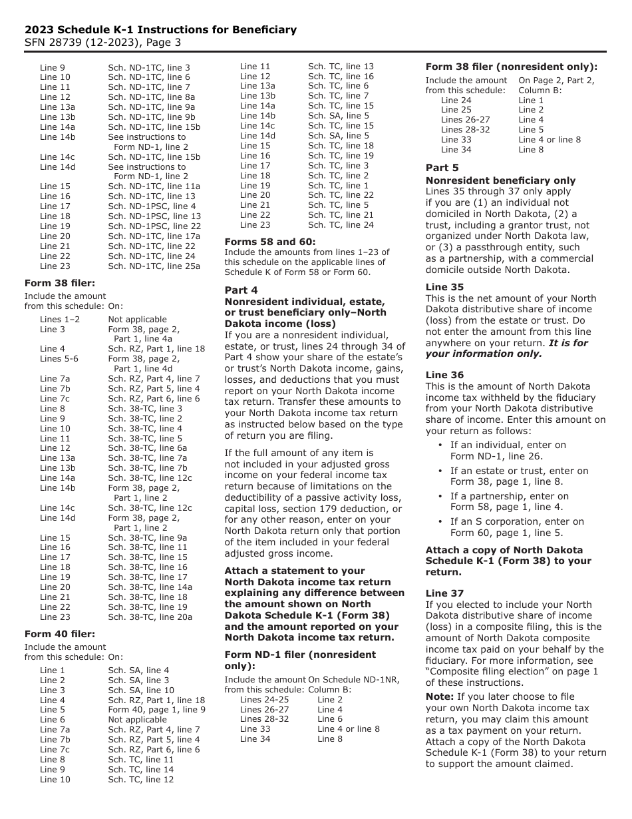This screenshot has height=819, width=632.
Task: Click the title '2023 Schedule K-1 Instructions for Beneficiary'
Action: tap(160, 30)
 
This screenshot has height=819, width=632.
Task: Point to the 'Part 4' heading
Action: tap(241, 290)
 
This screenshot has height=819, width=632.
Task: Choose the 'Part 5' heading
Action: tap(442, 168)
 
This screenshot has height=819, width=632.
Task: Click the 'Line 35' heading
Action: tap(444, 287)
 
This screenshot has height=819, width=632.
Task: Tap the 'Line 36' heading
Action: tap(444, 375)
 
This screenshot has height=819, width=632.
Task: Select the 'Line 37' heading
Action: tap(444, 593)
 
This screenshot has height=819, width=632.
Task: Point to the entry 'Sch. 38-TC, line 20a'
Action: tap(150, 617)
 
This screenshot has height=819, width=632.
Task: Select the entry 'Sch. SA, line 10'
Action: tap(141, 690)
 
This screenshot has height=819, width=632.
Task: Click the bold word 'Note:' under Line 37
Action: tap(440, 696)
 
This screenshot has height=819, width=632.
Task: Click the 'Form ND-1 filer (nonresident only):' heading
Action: tap(300, 660)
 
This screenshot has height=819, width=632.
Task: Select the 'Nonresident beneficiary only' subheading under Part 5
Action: tap(500, 180)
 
